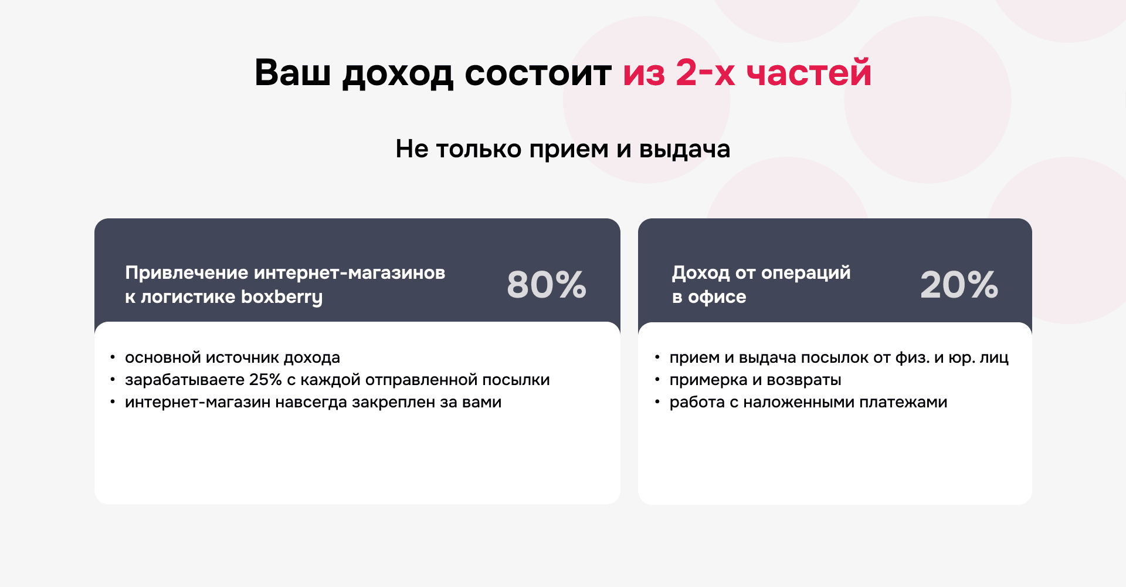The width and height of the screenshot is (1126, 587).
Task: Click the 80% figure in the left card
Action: coord(546,285)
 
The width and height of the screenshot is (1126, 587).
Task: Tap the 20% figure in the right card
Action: coord(959,285)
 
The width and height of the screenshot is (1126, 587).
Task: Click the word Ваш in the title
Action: coord(292,73)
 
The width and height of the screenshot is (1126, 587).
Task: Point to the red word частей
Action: coord(809,73)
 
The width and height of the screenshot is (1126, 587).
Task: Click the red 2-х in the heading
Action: coord(705,73)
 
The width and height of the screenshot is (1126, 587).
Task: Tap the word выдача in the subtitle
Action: coord(684,149)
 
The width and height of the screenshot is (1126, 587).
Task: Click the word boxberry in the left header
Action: coord(281,297)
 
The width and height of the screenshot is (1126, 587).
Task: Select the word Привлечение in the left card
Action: coord(186,273)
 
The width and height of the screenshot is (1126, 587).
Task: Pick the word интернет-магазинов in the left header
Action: coord(350,273)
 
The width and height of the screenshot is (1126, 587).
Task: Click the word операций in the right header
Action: coord(806,273)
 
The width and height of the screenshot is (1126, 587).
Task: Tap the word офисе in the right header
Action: coord(717,297)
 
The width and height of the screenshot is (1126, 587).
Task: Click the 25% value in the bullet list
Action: coord(265,380)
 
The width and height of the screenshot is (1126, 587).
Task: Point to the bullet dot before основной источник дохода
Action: coord(113,357)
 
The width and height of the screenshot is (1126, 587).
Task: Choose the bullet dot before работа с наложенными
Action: coord(657,402)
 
